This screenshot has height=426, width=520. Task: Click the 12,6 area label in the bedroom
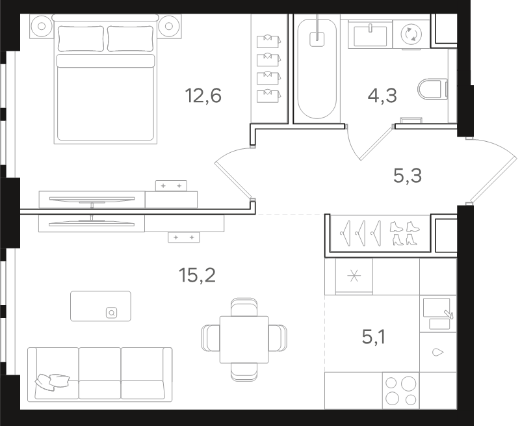203,96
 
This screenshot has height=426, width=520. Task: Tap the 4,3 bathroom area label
382,96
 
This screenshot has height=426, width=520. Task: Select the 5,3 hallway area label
408,176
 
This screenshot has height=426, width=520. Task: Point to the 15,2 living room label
197,275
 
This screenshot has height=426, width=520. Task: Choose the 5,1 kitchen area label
374,338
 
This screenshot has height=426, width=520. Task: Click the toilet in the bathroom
433,89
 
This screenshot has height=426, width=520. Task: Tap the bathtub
317,68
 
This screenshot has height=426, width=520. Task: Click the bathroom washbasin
370,35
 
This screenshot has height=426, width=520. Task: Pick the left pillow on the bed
81,38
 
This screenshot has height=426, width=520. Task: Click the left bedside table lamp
42,26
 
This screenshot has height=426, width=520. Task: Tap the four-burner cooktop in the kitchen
400,390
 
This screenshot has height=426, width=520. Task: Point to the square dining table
244,339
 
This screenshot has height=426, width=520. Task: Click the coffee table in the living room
101,306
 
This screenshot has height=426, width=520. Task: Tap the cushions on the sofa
53,381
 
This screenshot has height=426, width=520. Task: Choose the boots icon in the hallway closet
404,233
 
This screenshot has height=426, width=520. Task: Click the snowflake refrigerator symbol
354,276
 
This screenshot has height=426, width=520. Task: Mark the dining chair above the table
244,307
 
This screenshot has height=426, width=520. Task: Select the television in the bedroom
92,200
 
